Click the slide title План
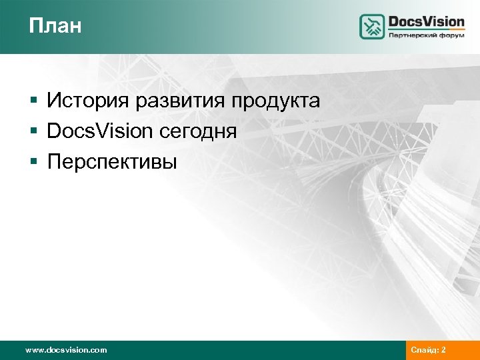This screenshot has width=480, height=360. point(55,26)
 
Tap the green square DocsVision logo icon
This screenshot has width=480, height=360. point(372,27)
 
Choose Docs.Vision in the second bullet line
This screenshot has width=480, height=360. point(100,131)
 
